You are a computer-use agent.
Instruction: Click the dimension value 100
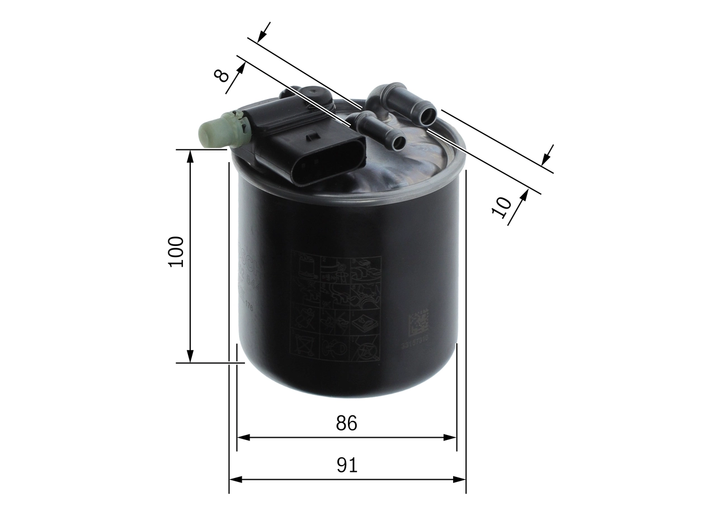176,252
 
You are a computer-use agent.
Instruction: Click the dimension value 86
346,424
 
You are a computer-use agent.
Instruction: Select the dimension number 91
347,465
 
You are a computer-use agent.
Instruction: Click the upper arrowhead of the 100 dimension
190,157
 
